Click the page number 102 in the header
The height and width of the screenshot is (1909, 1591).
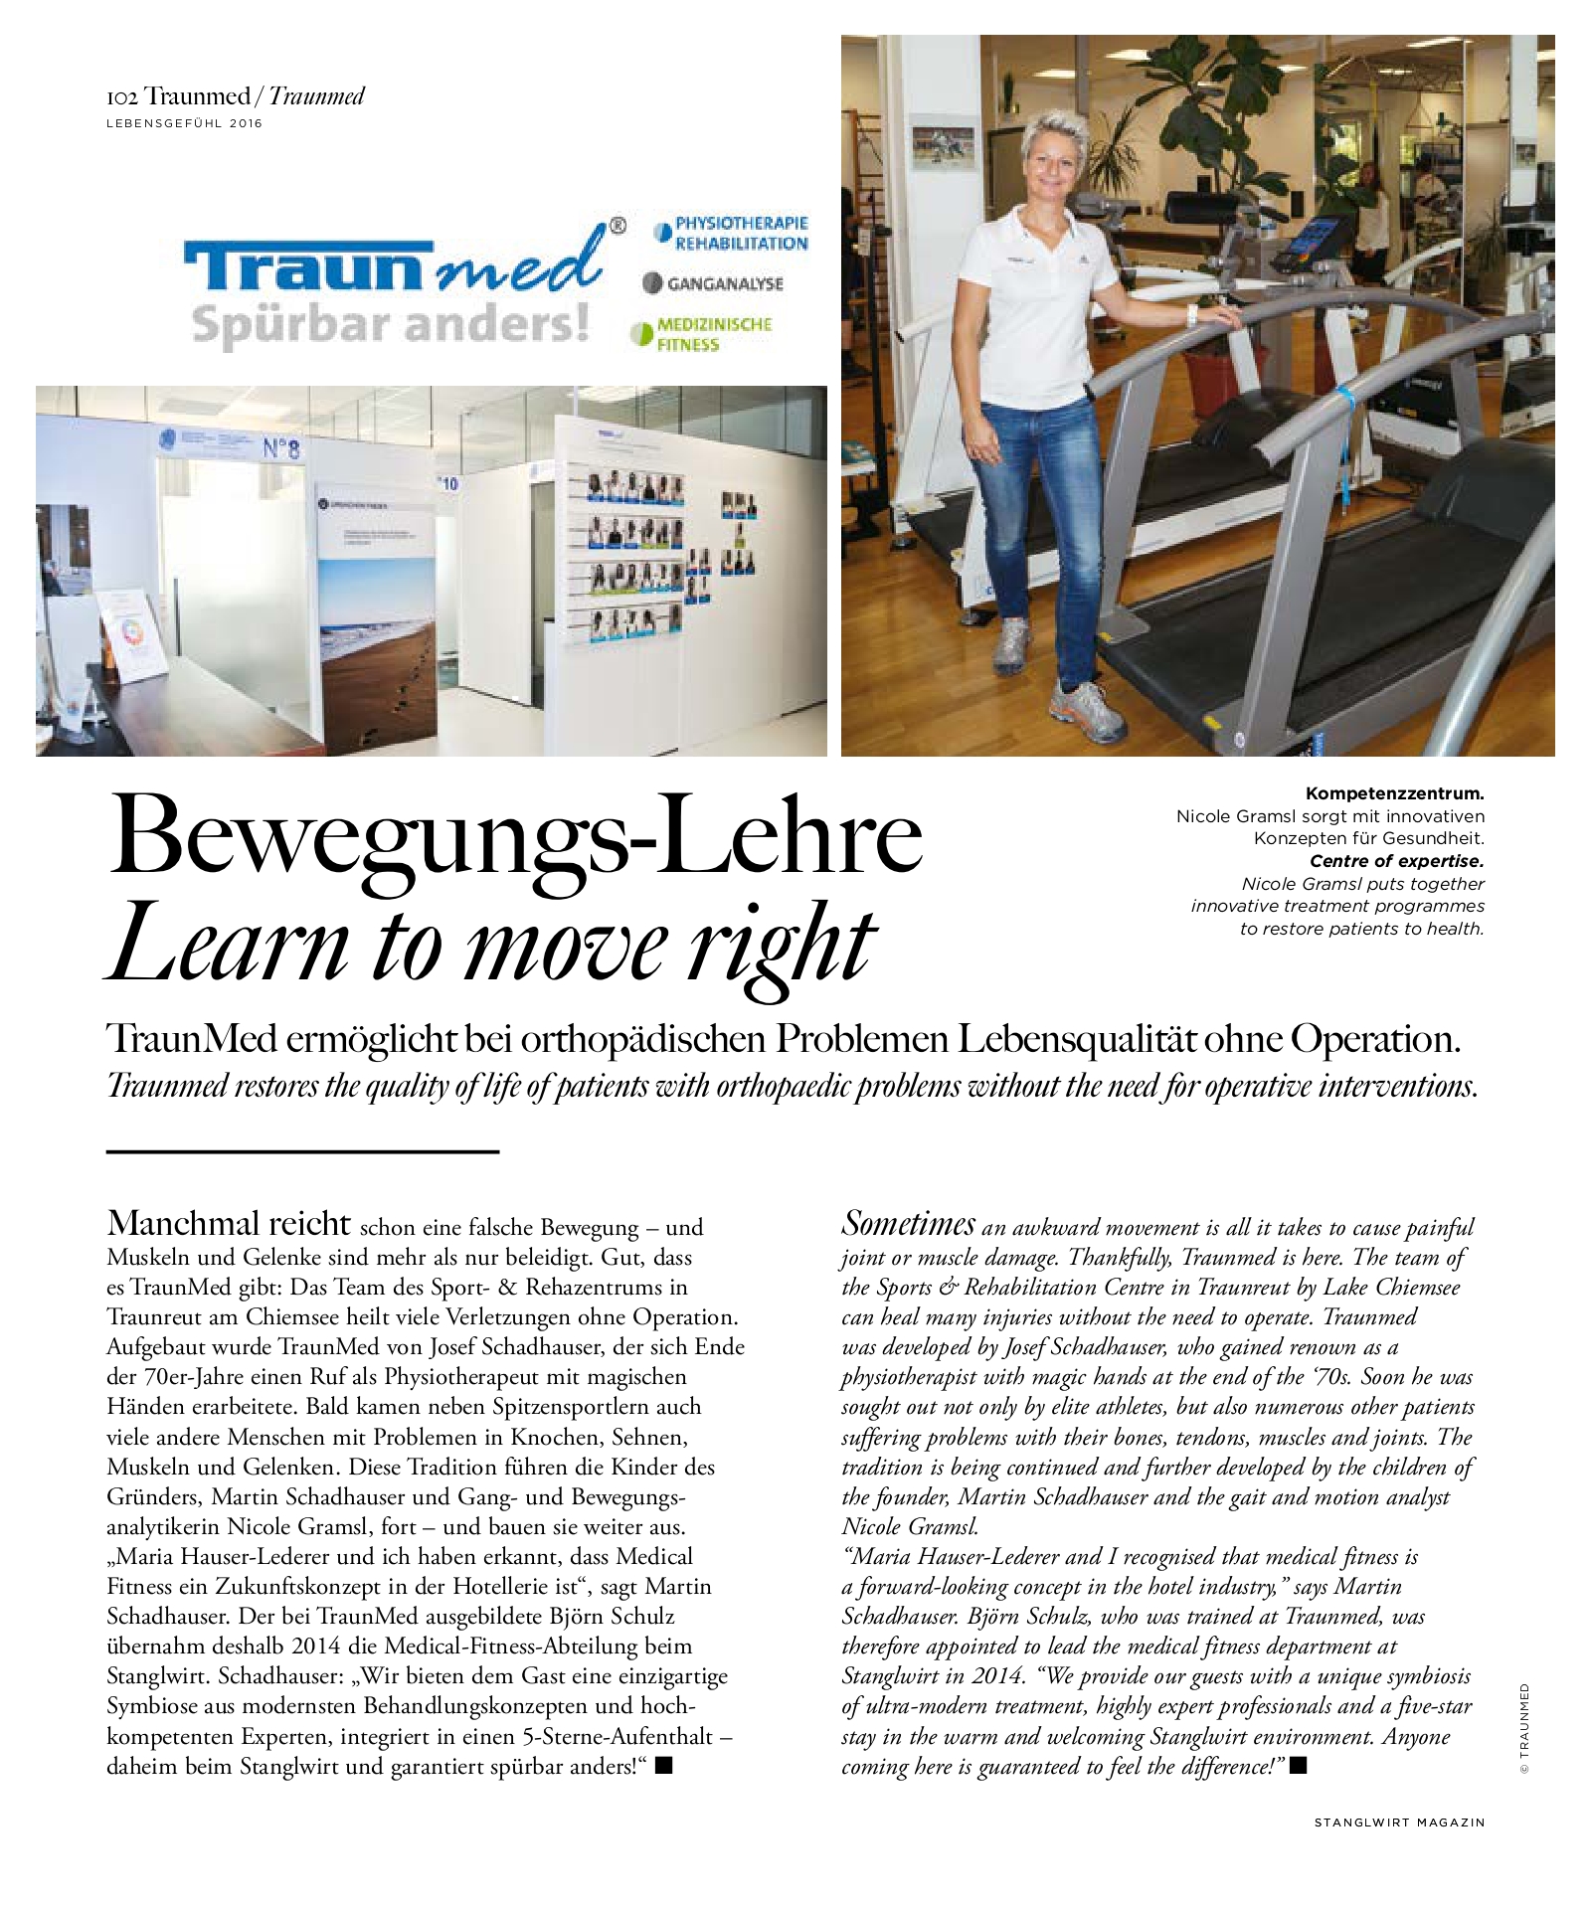point(121,97)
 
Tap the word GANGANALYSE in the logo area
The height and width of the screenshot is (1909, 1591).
point(725,284)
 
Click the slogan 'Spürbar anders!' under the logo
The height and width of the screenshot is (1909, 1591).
point(390,324)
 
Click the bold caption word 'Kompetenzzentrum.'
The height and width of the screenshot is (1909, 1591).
point(1394,794)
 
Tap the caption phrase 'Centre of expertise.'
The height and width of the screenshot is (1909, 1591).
point(1396,861)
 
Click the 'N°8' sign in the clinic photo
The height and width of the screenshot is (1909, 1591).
point(280,449)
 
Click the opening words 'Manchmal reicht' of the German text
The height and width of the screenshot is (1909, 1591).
point(229,1223)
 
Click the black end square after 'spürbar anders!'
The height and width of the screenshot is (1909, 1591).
point(664,1766)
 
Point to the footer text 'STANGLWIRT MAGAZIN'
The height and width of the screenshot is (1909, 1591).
point(1399,1822)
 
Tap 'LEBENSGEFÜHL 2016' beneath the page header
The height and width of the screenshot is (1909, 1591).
point(185,124)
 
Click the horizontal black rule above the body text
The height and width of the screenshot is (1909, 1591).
point(302,1152)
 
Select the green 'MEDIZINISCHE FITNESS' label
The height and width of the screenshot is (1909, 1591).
point(713,334)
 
